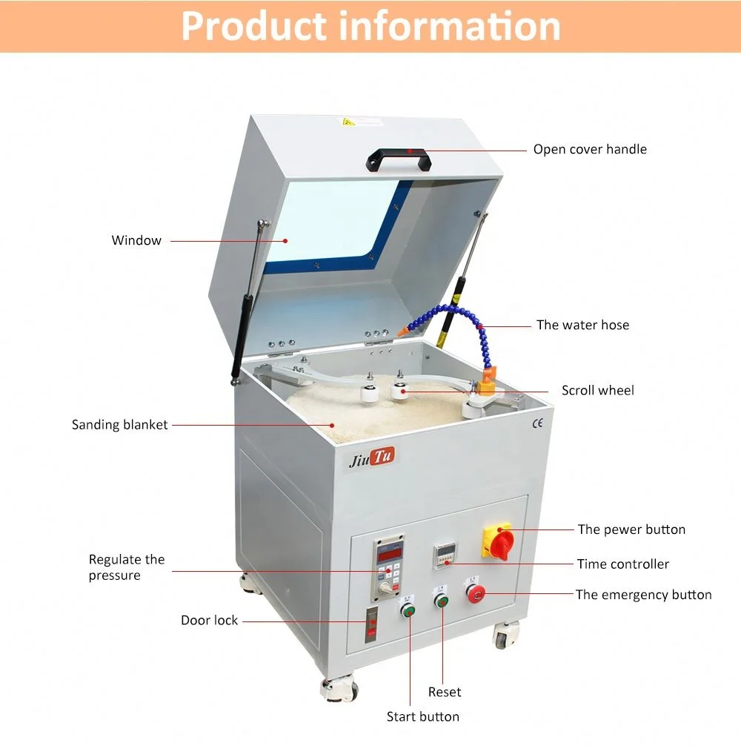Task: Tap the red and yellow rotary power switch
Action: pos(497,541)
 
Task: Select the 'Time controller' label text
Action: pos(622,564)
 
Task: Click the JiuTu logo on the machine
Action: pos(373,458)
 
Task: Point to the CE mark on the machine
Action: pos(537,423)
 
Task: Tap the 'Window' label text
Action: pos(136,240)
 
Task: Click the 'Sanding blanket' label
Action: pos(120,425)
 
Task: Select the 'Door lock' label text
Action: pos(210,620)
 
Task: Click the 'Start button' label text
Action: pos(423,716)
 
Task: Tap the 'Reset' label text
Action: pos(445,692)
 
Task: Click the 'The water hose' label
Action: pos(582,325)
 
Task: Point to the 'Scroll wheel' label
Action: pos(597,390)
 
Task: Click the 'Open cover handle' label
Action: pos(590,149)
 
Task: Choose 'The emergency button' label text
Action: pos(643,595)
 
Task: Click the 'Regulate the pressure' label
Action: pos(127,567)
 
